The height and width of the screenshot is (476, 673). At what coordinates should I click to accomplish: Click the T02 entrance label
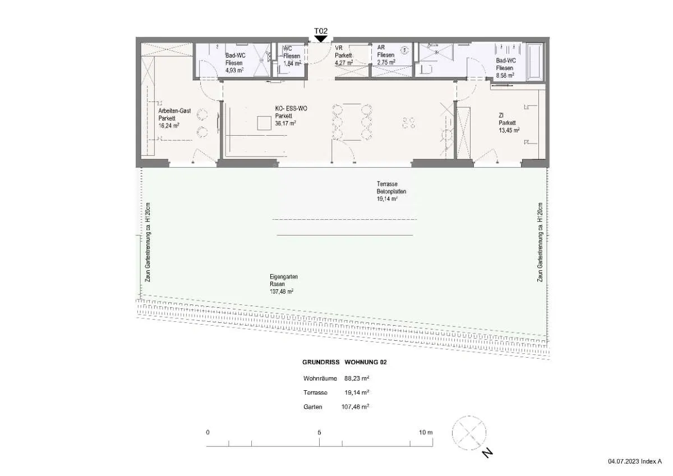click(321, 31)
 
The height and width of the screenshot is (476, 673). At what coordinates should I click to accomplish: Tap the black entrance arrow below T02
click(321, 39)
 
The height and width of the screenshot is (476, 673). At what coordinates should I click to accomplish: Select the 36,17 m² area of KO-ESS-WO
click(285, 123)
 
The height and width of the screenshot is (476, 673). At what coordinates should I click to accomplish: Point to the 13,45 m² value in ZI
click(509, 130)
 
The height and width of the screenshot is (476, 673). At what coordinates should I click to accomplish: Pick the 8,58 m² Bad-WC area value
click(505, 76)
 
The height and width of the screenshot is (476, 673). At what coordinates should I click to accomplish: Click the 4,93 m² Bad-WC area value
click(234, 71)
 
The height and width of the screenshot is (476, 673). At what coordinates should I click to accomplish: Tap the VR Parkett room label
click(343, 52)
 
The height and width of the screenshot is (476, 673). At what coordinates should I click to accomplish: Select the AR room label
click(381, 48)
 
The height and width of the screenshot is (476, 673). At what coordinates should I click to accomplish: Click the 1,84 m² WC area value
click(292, 64)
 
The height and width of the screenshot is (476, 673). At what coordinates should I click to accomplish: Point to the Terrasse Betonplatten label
click(391, 187)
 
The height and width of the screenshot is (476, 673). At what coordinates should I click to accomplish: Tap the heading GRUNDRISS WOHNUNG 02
click(344, 362)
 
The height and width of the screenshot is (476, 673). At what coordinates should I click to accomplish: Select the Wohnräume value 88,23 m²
click(357, 378)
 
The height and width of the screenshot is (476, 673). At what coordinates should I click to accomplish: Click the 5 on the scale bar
click(319, 432)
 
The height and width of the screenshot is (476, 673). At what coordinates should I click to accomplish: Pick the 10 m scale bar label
click(426, 432)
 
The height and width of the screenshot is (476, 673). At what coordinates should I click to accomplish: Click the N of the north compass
click(487, 453)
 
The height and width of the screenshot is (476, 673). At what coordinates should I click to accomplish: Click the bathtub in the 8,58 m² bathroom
click(535, 62)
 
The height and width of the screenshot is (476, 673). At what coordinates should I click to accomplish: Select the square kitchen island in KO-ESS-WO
click(264, 123)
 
